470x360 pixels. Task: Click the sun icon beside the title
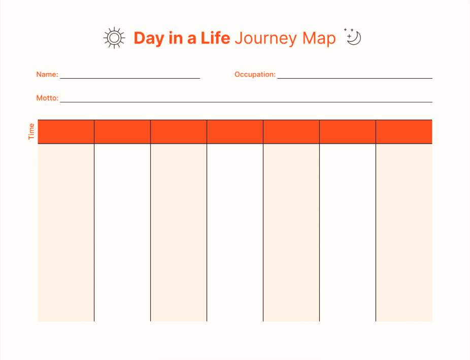tap(114, 38)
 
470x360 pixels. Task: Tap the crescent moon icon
tap(355, 39)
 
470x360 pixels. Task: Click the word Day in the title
tap(149, 39)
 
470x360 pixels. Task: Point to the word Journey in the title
tap(265, 39)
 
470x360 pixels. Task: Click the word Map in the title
tap(319, 39)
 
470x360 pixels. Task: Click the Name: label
tap(47, 74)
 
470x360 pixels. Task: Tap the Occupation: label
tap(255, 74)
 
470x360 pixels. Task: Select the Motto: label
tap(47, 98)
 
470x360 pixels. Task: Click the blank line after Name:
tap(130, 78)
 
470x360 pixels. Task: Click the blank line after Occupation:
tap(355, 78)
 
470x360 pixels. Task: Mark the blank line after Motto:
tap(246, 102)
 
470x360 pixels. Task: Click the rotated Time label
tap(31, 132)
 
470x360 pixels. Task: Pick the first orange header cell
tap(66, 132)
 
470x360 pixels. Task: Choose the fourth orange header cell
tap(235, 132)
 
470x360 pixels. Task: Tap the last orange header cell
tap(404, 132)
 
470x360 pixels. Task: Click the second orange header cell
tap(122, 132)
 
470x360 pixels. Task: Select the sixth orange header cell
tap(348, 132)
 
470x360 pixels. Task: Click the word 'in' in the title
tap(176, 38)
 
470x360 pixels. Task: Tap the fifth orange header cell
tap(291, 132)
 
